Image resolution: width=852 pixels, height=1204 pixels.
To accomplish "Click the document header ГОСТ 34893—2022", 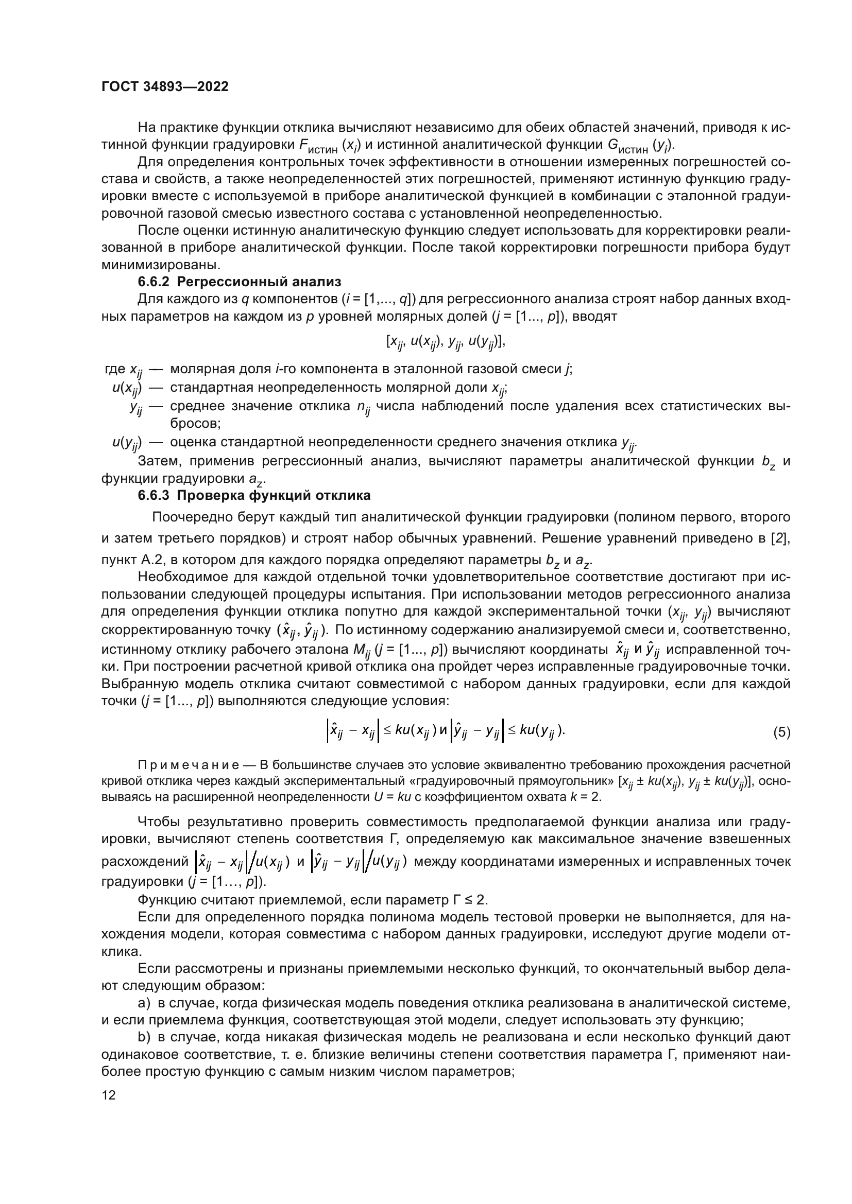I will pyautogui.click(x=165, y=87).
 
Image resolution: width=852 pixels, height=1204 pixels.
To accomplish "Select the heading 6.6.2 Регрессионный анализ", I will pyautogui.click(x=239, y=282).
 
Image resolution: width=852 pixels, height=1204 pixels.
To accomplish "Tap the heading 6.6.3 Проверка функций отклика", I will pyautogui.click(x=254, y=495).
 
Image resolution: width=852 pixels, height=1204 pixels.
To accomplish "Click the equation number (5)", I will pyautogui.click(x=781, y=732).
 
